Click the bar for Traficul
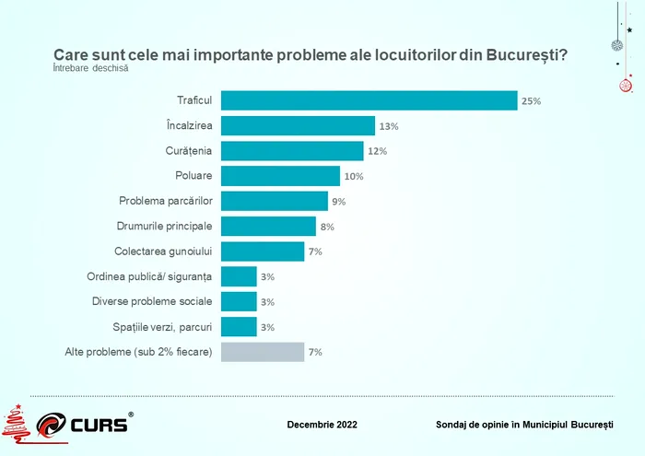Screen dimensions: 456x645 369,100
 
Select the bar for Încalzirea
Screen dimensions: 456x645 298,126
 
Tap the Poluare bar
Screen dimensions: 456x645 280,176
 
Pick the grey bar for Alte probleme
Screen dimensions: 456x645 263,352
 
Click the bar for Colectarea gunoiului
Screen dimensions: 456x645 263,251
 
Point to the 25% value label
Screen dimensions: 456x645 531,101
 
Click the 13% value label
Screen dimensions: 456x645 388,126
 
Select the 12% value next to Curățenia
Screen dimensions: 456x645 377,151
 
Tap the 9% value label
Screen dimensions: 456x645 338,202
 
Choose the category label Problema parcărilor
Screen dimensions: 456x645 166,201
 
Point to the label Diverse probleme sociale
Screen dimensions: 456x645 153,301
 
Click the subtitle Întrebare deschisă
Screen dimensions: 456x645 90,67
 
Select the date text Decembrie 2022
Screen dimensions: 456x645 322,425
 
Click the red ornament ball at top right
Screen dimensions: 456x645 626,87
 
